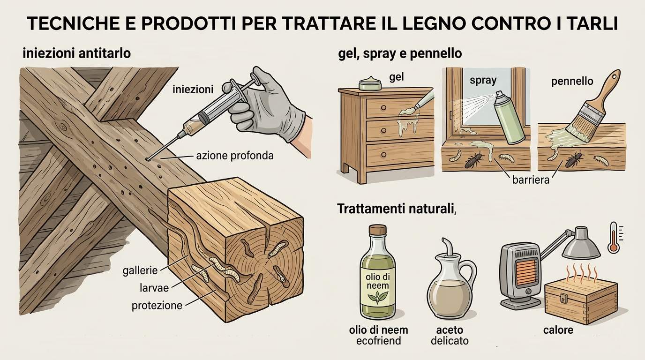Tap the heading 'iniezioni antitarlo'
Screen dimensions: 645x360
tap(76, 53)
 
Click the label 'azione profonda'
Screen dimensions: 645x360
tap(235, 156)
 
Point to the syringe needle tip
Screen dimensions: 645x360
tap(148, 159)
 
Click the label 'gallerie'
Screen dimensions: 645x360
tap(140, 270)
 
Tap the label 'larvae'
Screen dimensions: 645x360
tap(154, 288)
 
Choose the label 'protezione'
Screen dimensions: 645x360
tap(157, 306)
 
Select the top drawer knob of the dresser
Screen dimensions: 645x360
tap(383, 108)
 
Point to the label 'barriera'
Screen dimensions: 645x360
tap(531, 180)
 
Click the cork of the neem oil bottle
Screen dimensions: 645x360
tap(377, 229)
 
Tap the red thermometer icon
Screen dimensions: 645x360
tap(613, 238)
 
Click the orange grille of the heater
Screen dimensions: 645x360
tap(527, 271)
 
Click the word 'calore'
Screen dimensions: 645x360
tap(558, 330)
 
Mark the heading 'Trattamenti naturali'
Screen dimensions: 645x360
tap(395, 209)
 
